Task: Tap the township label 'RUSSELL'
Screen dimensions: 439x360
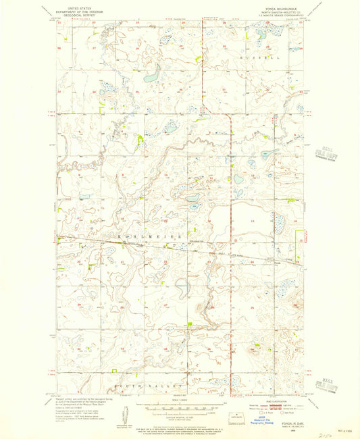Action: coord(259,59)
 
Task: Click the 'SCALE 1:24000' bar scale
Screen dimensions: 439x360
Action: coord(182,406)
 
